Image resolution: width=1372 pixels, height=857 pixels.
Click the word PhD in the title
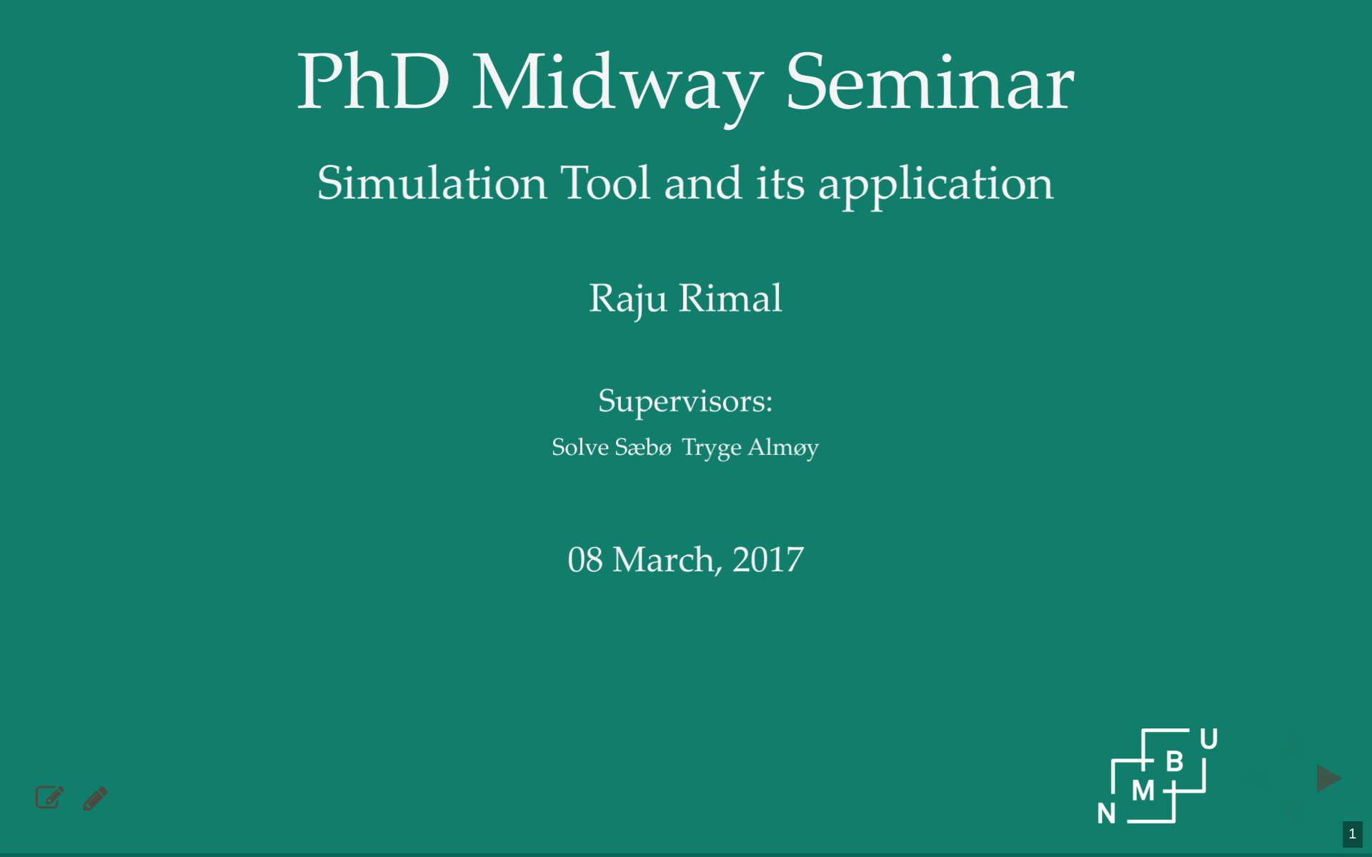[x=373, y=82]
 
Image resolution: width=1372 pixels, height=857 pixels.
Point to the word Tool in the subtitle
[x=605, y=183]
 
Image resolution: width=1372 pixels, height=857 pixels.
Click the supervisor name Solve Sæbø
[x=612, y=447]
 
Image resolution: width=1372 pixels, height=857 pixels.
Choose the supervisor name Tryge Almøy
[x=750, y=448]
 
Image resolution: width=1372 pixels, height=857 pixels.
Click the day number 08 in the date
[x=585, y=560]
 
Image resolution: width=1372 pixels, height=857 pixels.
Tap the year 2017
[x=768, y=560]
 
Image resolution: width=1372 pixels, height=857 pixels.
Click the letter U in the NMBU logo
[x=1209, y=739]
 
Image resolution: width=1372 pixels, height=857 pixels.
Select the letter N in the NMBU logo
[x=1106, y=813]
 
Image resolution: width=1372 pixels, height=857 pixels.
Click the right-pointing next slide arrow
[x=1328, y=778]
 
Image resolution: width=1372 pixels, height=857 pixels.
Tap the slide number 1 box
[x=1352, y=834]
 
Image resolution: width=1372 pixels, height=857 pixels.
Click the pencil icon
[x=95, y=798]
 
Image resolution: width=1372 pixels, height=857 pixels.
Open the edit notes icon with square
[x=50, y=797]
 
